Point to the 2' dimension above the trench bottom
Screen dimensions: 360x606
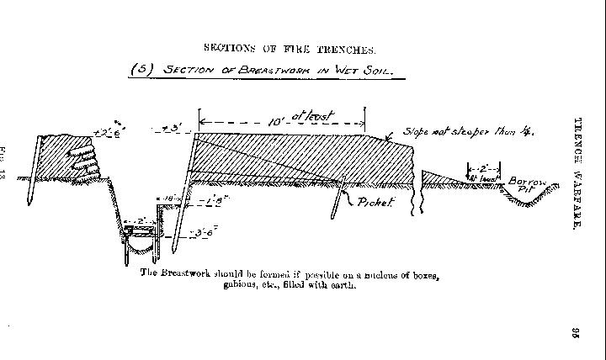click(136, 221)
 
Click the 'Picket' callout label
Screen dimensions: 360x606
click(375, 202)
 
